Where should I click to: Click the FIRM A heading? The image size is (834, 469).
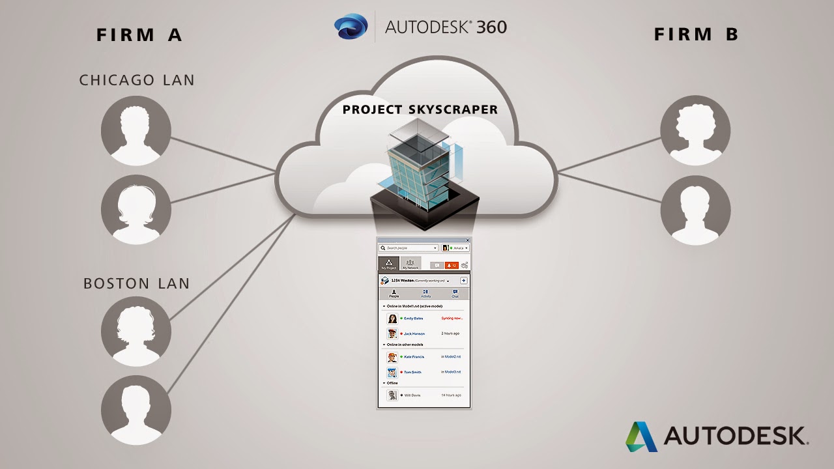(x=139, y=35)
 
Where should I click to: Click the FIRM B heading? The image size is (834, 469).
(x=696, y=35)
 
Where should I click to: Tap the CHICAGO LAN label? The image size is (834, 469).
(x=137, y=80)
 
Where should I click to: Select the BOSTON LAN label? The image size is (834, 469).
(x=137, y=284)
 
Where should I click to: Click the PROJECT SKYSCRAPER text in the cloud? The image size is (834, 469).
(x=420, y=109)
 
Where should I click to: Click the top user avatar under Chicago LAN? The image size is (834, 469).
(x=136, y=131)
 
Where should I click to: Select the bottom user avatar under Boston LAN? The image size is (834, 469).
(x=136, y=411)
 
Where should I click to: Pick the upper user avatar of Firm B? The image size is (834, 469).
(x=695, y=131)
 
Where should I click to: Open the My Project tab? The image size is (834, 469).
(x=388, y=264)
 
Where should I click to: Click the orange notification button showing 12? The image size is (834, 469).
(x=451, y=265)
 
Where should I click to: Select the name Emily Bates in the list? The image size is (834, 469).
(x=413, y=319)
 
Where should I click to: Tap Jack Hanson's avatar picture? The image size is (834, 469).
(x=392, y=334)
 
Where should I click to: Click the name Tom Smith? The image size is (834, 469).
(x=412, y=372)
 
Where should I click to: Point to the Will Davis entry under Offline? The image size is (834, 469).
(x=412, y=395)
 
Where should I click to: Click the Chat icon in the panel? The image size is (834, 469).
(x=455, y=294)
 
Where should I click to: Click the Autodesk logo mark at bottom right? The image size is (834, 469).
(x=641, y=436)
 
